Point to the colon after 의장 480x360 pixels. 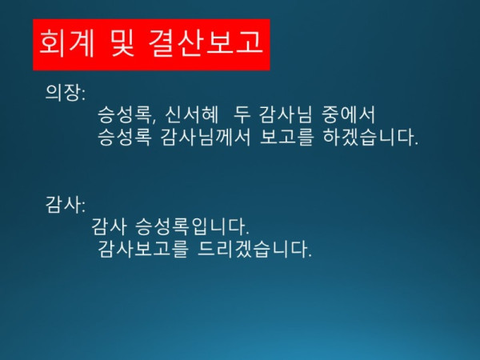tap(82, 94)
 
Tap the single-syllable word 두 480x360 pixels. tap(243, 114)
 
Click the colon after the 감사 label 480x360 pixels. tap(82, 206)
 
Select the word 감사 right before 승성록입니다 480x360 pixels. tap(110, 226)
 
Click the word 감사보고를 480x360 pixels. tap(143, 250)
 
